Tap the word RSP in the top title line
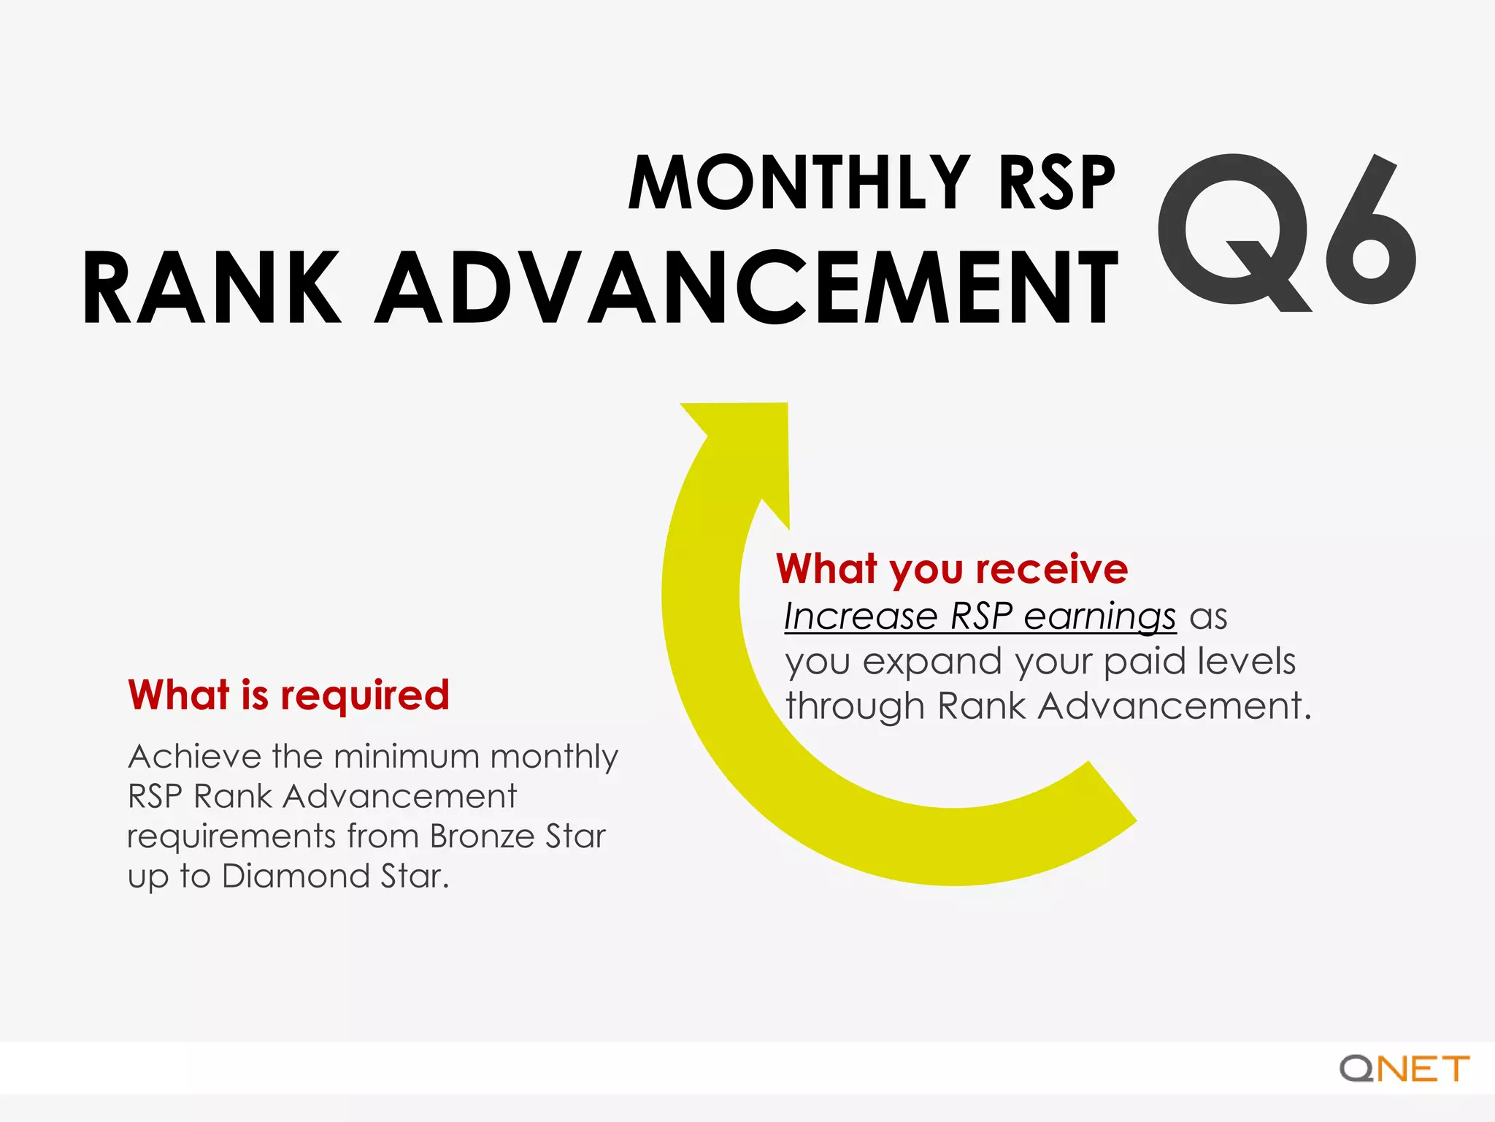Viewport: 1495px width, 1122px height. pyautogui.click(x=1056, y=183)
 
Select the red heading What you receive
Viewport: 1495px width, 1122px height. pyautogui.click(x=951, y=568)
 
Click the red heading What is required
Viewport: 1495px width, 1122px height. pyautogui.click(x=288, y=695)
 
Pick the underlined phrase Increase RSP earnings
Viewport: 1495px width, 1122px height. pyautogui.click(x=980, y=616)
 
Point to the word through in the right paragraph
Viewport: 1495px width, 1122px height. pyautogui.click(x=855, y=707)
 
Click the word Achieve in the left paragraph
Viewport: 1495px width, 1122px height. pyautogui.click(x=194, y=756)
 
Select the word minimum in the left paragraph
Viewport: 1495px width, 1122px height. pyautogui.click(x=407, y=756)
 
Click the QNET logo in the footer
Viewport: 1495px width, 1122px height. pyautogui.click(x=1404, y=1069)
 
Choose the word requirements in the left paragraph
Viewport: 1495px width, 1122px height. pyautogui.click(x=231, y=837)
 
